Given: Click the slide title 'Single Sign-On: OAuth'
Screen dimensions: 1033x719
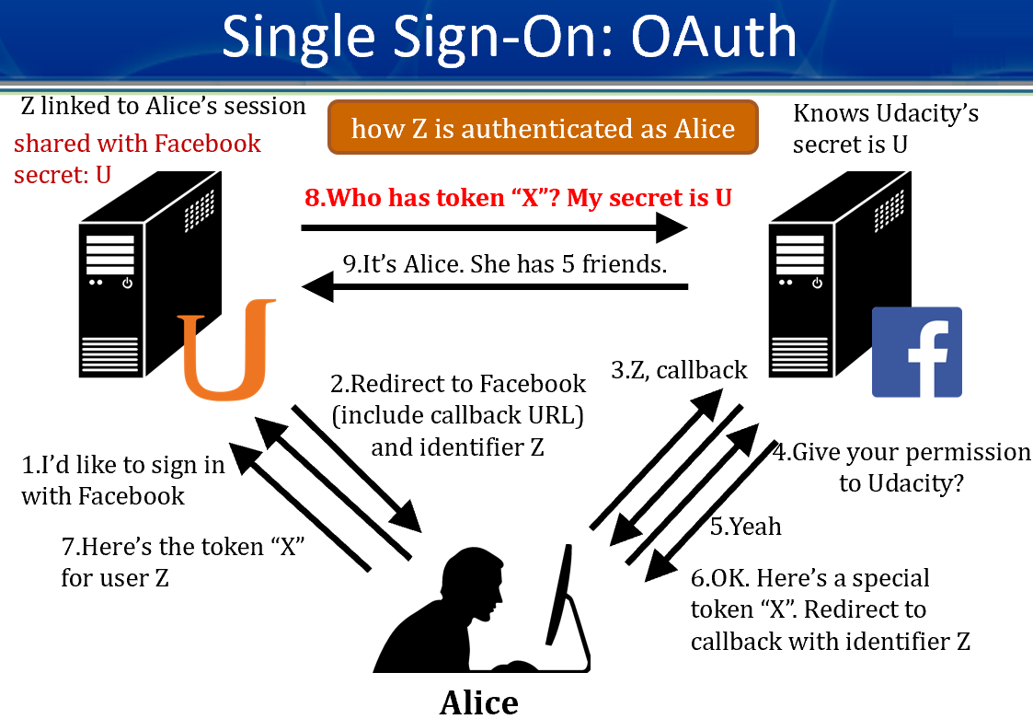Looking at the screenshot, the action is (509, 37).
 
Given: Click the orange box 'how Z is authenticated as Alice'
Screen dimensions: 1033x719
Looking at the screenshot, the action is (543, 128).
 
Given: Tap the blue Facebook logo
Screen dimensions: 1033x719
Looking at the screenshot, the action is (916, 352).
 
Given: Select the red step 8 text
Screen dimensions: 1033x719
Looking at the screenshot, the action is (518, 197).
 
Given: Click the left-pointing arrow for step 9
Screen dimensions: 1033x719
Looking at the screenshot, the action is (496, 288).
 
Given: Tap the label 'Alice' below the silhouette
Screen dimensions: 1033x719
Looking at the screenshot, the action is (478, 702).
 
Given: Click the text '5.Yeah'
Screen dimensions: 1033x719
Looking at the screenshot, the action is (745, 526).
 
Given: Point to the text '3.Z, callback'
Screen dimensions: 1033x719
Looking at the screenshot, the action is (679, 370).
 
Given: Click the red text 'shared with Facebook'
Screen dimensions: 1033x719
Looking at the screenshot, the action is (137, 144).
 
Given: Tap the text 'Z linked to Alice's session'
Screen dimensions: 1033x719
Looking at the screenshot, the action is (163, 107).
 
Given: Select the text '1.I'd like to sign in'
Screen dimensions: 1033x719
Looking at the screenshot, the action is (123, 465).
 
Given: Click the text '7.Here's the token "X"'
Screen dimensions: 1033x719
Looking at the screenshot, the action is (183, 547).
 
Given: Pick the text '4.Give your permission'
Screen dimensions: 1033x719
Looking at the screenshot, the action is (901, 452).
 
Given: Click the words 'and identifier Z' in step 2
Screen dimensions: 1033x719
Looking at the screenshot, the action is (458, 447).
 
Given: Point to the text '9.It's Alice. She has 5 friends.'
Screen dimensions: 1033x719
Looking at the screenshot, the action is (504, 263).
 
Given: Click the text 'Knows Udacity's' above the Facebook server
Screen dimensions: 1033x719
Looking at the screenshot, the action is (885, 114).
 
